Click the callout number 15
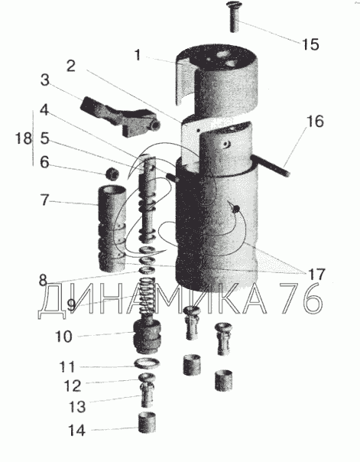point(310,44)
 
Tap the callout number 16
point(315,122)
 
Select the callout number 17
point(316,275)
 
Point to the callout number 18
point(24,138)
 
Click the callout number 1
point(138,55)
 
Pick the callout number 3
point(45,80)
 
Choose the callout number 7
point(44,200)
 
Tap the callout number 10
point(63,337)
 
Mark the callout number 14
point(77,431)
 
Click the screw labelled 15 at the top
point(235,16)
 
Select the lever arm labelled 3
point(121,116)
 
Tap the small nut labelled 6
point(112,173)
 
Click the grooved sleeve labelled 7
point(112,229)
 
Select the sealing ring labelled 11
point(147,363)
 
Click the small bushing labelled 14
point(148,423)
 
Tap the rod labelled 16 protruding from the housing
point(271,167)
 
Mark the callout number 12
point(72,386)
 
